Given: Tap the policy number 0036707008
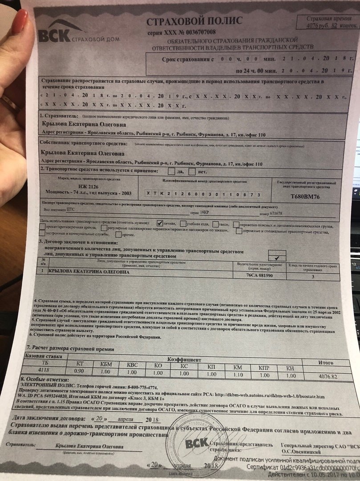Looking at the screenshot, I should (x=198, y=33).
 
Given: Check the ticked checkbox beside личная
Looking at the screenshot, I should (x=160, y=223).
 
